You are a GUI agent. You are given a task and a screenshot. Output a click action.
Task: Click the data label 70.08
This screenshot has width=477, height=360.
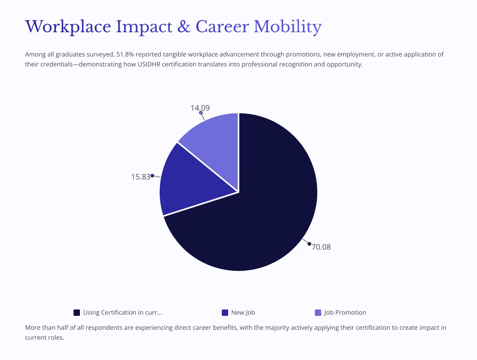[321, 247]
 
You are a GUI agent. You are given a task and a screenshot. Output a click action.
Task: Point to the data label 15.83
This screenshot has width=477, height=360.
[140, 177]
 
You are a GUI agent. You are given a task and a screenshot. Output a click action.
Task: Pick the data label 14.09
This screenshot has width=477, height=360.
[200, 108]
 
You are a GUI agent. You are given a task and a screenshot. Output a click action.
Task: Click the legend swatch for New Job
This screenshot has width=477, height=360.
[225, 313]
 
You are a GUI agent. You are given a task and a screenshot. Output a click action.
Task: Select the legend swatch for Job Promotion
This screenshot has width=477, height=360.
[318, 313]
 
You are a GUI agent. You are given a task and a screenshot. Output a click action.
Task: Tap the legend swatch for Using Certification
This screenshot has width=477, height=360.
[77, 313]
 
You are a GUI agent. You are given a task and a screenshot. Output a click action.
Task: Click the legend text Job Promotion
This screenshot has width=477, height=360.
[345, 313]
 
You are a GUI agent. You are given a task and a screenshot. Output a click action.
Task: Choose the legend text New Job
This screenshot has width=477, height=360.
[243, 313]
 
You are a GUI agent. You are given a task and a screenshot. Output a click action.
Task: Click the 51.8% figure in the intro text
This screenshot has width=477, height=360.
[124, 54]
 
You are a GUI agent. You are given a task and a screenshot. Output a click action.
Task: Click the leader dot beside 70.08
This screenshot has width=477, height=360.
[309, 244]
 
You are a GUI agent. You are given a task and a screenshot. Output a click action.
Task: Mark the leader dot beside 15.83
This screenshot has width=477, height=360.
[152, 175]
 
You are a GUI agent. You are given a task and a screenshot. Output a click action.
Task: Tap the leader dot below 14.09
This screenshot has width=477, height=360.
[201, 113]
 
